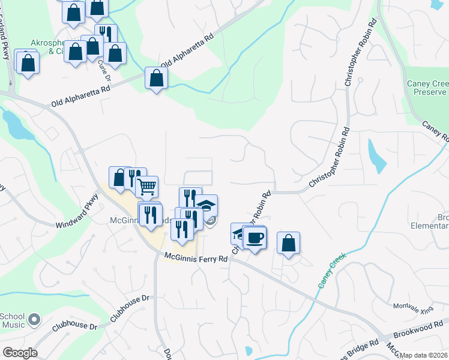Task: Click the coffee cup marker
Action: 255,238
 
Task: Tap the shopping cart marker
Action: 146,187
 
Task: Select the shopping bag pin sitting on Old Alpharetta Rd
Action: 156,78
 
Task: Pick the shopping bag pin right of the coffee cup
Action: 289,243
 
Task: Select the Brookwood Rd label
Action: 417,331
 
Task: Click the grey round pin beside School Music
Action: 34,320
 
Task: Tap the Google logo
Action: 19,353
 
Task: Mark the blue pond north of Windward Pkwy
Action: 11,124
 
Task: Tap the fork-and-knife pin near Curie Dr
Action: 106,34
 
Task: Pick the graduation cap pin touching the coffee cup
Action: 240,233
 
